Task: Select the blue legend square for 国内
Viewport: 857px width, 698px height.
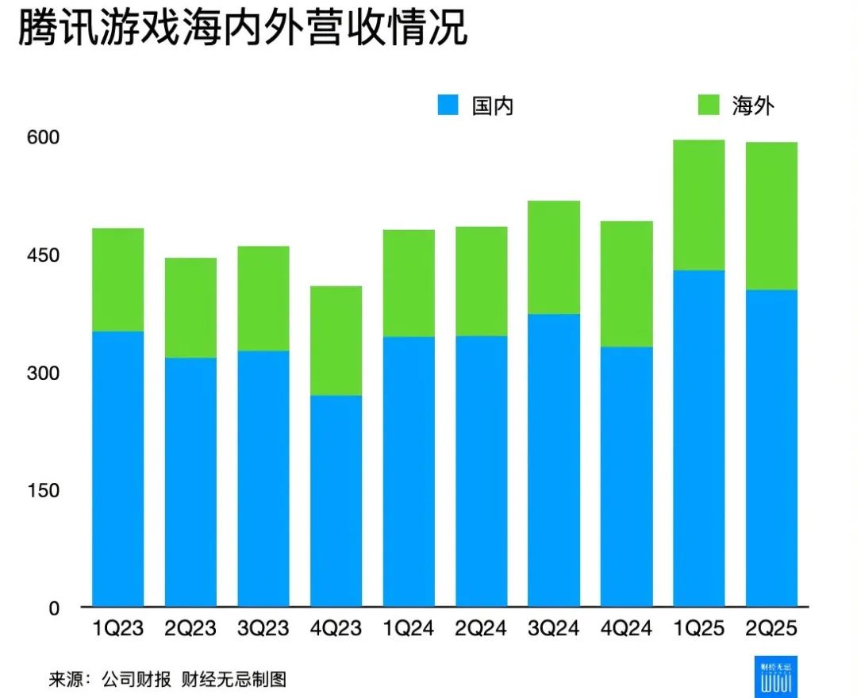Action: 449,105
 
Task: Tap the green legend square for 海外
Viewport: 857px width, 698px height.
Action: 708,105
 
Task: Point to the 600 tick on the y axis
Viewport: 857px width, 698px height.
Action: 43,137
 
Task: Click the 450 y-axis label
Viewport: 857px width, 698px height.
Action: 43,255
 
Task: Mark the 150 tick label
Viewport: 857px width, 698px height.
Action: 43,490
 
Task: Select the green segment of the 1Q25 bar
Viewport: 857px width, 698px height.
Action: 698,205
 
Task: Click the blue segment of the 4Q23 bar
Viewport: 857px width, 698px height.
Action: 336,500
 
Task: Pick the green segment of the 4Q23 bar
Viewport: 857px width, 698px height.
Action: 336,340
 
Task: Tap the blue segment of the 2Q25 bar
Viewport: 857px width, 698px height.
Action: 771,448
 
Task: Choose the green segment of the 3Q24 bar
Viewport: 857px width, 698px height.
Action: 553,257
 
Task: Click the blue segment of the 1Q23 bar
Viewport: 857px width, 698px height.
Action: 118,468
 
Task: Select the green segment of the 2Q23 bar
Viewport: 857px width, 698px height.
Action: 190,307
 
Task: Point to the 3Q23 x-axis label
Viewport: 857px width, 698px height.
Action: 263,629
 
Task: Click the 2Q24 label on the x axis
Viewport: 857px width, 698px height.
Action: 481,629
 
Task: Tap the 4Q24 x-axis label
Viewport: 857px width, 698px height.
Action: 626,629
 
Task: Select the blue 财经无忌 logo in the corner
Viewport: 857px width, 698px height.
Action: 776,677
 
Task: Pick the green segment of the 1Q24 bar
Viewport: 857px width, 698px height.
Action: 409,282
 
